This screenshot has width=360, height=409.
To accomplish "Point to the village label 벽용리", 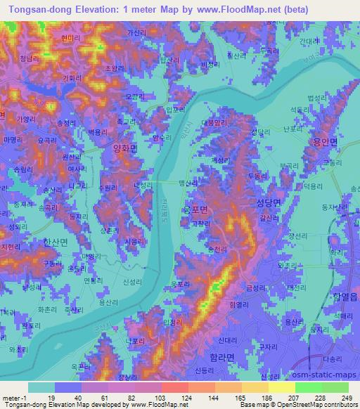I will [x=96, y=131].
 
